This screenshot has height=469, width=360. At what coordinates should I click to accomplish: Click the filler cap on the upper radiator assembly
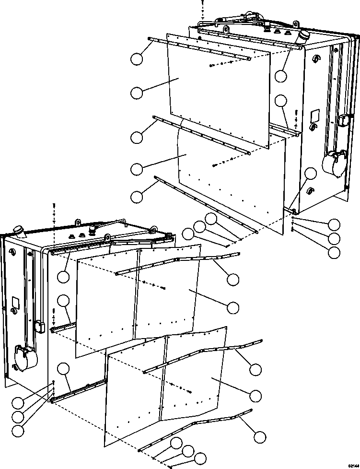click(x=305, y=37)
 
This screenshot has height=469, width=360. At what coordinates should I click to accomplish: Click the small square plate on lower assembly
click(x=15, y=302)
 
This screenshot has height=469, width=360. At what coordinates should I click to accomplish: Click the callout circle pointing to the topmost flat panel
click(x=137, y=93)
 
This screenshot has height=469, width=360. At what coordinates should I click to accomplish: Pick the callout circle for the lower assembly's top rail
click(x=63, y=277)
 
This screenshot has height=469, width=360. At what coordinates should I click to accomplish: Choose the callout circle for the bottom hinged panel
click(x=255, y=395)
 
